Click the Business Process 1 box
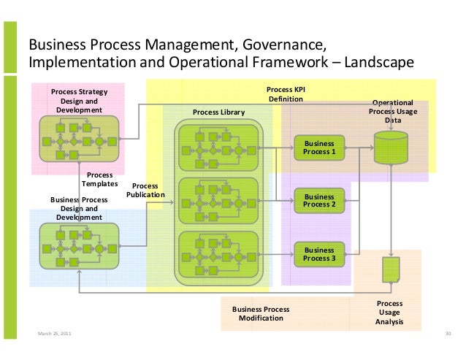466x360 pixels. (x=319, y=148)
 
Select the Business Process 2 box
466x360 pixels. (x=319, y=200)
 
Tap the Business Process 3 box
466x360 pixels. (x=319, y=254)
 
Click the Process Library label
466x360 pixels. (x=218, y=112)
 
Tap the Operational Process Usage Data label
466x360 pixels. (x=393, y=111)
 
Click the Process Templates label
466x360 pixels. (x=99, y=179)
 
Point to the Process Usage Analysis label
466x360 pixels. (x=389, y=313)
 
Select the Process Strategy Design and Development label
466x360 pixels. (x=79, y=101)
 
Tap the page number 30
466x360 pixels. (x=448, y=334)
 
